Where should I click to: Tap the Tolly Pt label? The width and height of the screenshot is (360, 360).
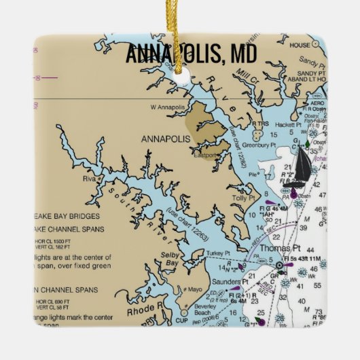point(242,198)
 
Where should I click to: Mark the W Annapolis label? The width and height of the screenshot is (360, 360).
point(166,107)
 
